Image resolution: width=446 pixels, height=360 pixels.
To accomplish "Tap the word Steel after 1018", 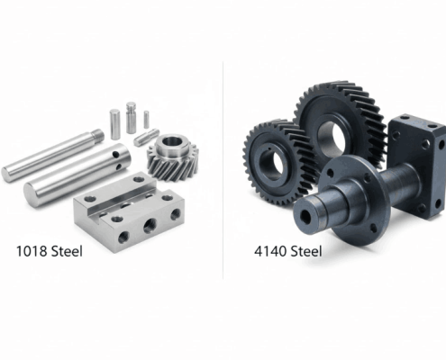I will pyautogui.click(x=62, y=251).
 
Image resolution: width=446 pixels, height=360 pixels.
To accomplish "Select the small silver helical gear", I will pyautogui.click(x=171, y=158).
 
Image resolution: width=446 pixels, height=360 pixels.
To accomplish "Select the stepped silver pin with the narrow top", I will pyautogui.click(x=132, y=114).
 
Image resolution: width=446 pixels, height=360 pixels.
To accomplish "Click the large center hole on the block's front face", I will pyautogui.click(x=150, y=226).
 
